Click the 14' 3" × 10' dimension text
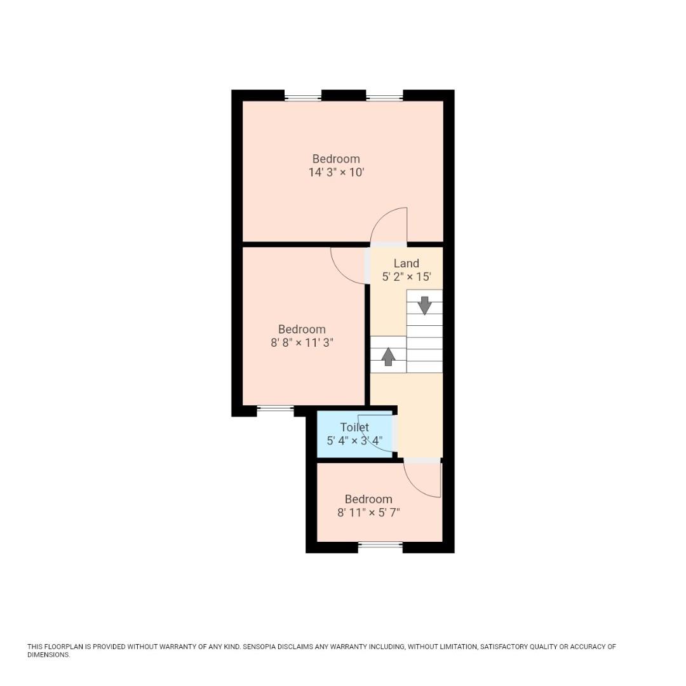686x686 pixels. [x=336, y=173]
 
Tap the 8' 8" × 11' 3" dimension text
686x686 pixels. [x=302, y=343]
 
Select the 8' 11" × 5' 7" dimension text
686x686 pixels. [x=368, y=513]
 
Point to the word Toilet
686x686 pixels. [x=354, y=427]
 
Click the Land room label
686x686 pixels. [x=407, y=264]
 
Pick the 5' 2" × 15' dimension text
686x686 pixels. [x=407, y=277]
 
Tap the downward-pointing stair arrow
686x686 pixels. [x=424, y=305]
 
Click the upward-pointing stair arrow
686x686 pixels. [x=388, y=356]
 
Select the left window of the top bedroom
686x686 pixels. [x=303, y=98]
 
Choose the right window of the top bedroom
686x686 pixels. [x=384, y=98]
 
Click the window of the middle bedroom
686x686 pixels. [x=275, y=408]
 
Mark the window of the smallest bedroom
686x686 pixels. [x=380, y=544]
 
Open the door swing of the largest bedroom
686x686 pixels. [x=389, y=225]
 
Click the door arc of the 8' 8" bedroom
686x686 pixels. [x=348, y=266]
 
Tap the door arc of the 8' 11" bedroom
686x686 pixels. [x=422, y=480]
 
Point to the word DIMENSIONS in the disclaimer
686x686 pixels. [x=48, y=655]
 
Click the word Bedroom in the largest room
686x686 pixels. [x=336, y=159]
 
